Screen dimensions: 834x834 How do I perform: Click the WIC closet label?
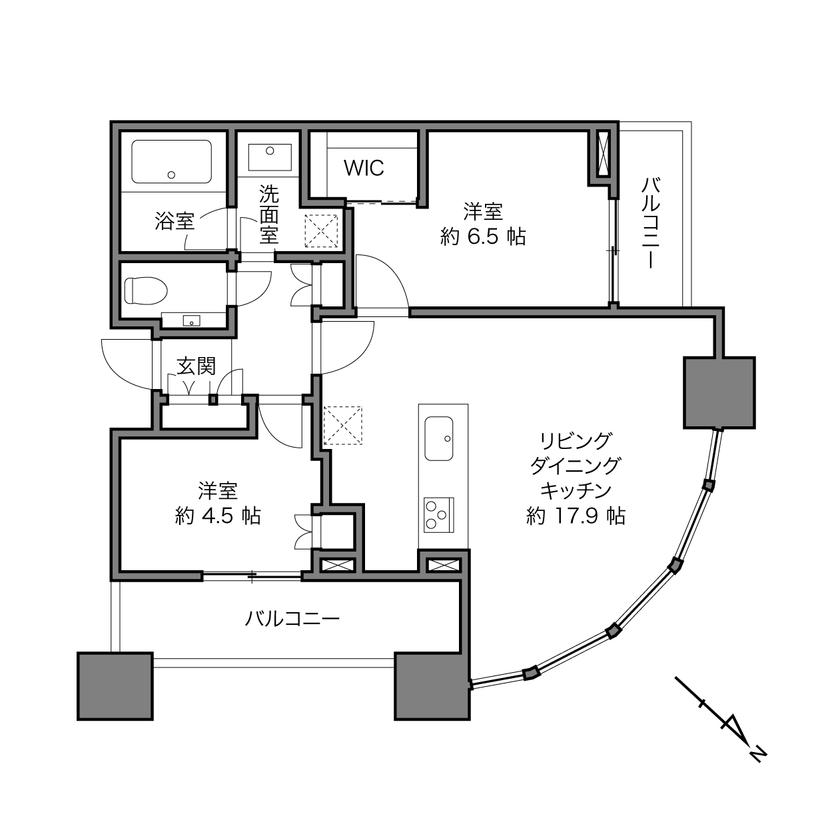coord(364,168)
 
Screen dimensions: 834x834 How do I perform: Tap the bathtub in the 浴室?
coord(171,161)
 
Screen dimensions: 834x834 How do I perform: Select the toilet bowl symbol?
coord(145,290)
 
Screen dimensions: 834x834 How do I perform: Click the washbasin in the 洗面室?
coord(270,157)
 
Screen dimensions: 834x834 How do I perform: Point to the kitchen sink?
coord(439,438)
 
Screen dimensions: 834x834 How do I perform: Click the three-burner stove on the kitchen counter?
coord(439,515)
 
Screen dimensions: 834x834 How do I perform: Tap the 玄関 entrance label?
coord(196,366)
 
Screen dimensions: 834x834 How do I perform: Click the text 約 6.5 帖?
coord(483,236)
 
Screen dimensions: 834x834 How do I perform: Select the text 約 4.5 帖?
coord(218,516)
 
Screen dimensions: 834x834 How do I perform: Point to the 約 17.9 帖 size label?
coord(576,516)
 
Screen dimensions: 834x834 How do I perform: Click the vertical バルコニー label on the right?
coord(651,222)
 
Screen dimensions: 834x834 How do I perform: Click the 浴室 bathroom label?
coord(175,221)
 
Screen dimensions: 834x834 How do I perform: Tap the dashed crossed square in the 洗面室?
coord(321,231)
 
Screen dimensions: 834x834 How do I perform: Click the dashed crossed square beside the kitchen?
coord(342,426)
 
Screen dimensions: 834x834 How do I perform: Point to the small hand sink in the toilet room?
coord(191,320)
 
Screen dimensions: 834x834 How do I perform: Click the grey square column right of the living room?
coord(719,392)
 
